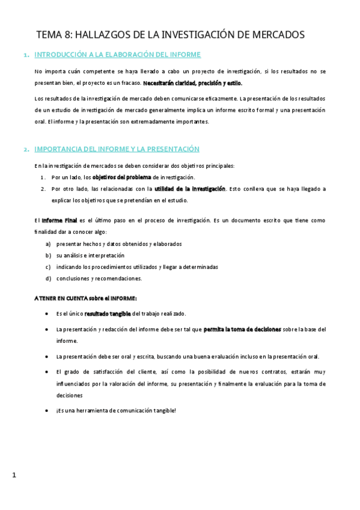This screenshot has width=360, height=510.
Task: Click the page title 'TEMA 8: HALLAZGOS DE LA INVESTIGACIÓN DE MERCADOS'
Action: click(x=170, y=35)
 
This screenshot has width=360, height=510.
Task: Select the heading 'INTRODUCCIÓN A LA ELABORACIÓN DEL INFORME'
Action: click(x=117, y=55)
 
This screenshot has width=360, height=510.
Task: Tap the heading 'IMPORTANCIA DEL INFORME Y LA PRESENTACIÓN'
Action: click(x=117, y=149)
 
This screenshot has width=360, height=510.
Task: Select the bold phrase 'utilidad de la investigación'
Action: click(x=190, y=189)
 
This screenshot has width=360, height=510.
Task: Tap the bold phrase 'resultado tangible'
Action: click(x=108, y=313)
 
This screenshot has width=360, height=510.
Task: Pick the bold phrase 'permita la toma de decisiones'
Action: click(x=242, y=330)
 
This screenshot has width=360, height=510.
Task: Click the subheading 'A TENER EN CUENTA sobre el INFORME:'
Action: click(x=85, y=298)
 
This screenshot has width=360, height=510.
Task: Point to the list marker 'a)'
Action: click(x=48, y=244)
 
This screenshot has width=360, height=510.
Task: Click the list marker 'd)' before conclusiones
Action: click(x=48, y=278)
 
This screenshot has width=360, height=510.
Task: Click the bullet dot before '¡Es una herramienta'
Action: click(x=47, y=411)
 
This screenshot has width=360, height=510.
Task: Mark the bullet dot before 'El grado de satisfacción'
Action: click(x=47, y=372)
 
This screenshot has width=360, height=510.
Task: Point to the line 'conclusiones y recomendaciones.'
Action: click(x=99, y=278)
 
